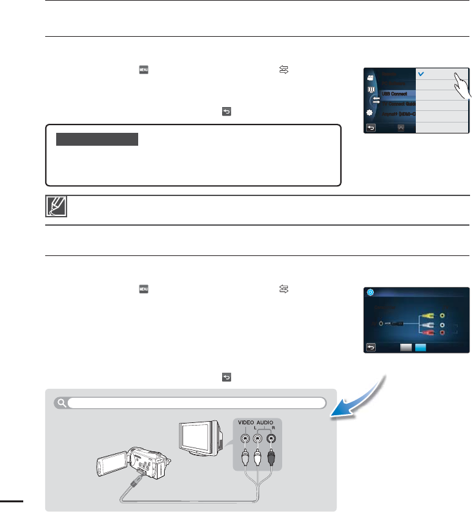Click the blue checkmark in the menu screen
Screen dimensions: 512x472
pyautogui.click(x=420, y=74)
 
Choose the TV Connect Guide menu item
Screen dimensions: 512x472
pyautogui.click(x=395, y=104)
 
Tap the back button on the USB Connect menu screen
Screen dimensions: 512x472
pyautogui.click(x=371, y=128)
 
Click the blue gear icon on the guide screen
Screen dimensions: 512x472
pyautogui.click(x=371, y=291)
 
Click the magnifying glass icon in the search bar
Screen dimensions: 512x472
pyautogui.click(x=61, y=404)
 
